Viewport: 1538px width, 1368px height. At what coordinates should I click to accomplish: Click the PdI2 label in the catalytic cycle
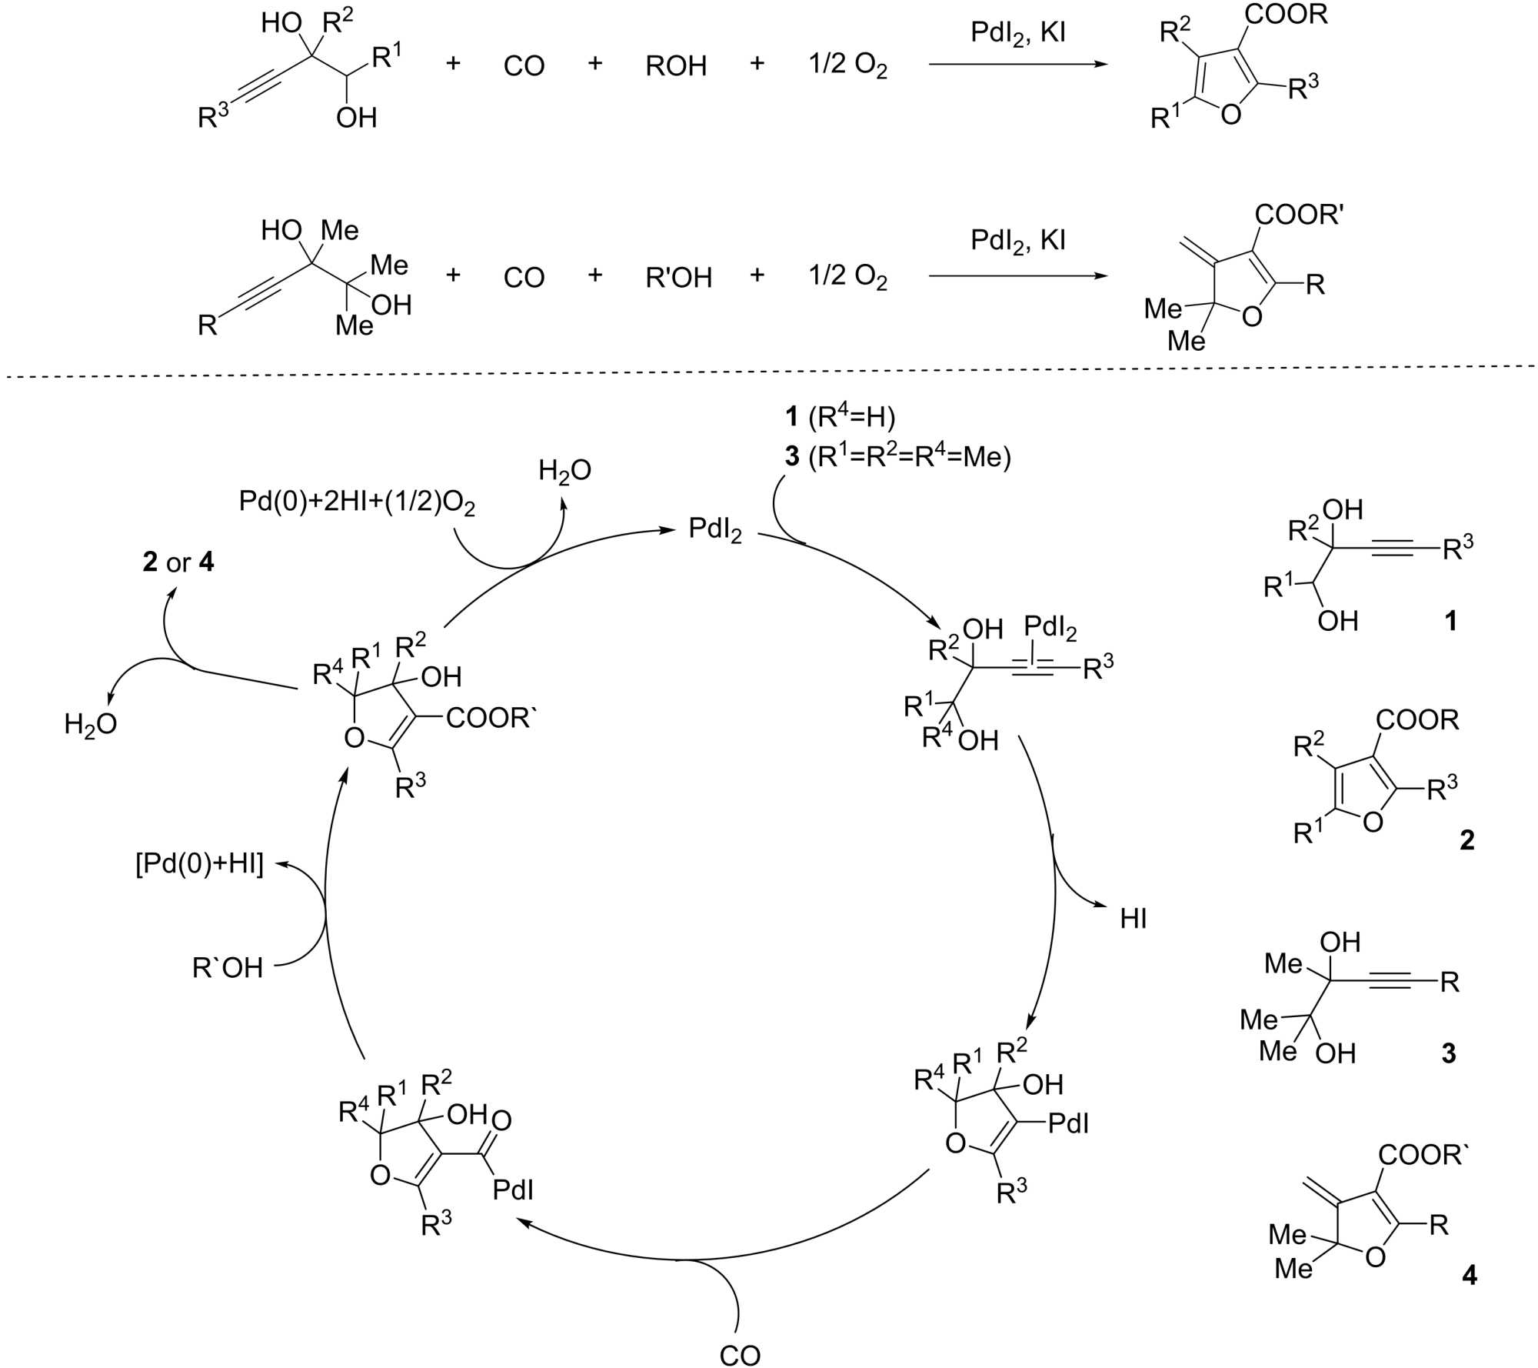coord(714,529)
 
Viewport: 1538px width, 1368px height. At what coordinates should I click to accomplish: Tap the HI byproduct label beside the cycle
coord(1134,919)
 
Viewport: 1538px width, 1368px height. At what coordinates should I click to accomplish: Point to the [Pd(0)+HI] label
coord(200,864)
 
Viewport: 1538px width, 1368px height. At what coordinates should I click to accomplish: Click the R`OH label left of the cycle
coord(228,967)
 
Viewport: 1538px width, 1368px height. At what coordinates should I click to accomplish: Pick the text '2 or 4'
coord(178,562)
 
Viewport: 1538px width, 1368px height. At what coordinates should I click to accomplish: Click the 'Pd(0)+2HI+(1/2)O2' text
coord(357,503)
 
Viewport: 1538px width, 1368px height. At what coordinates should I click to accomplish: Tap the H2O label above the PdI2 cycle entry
coord(564,471)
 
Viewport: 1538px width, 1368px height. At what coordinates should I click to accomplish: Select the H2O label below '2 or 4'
coord(91,724)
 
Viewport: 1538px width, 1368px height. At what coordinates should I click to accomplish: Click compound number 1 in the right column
coord(1451,621)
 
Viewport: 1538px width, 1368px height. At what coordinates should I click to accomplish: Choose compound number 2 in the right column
coord(1466,839)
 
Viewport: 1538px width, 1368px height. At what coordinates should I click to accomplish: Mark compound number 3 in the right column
coord(1449,1053)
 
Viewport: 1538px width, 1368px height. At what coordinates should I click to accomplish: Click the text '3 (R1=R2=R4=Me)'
coord(897,456)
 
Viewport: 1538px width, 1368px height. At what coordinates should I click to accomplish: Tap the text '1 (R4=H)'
coord(840,416)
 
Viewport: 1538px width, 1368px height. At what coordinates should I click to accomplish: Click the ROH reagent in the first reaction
coord(676,66)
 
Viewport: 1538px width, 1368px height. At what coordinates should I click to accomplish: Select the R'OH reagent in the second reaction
coord(679,277)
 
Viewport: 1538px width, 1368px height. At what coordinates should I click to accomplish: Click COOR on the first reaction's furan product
coord(1287,15)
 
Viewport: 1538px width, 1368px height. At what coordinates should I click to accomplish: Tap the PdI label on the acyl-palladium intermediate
coord(513,1190)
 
